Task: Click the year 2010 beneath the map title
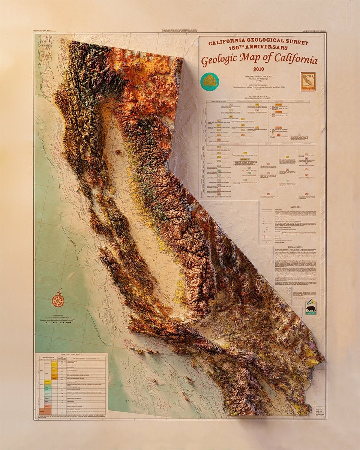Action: [258, 69]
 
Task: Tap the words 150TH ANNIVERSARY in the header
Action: [258, 48]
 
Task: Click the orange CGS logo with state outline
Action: [308, 82]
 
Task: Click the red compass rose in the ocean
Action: [59, 301]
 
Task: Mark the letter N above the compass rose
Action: [60, 290]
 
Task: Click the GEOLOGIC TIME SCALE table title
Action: [71, 354]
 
